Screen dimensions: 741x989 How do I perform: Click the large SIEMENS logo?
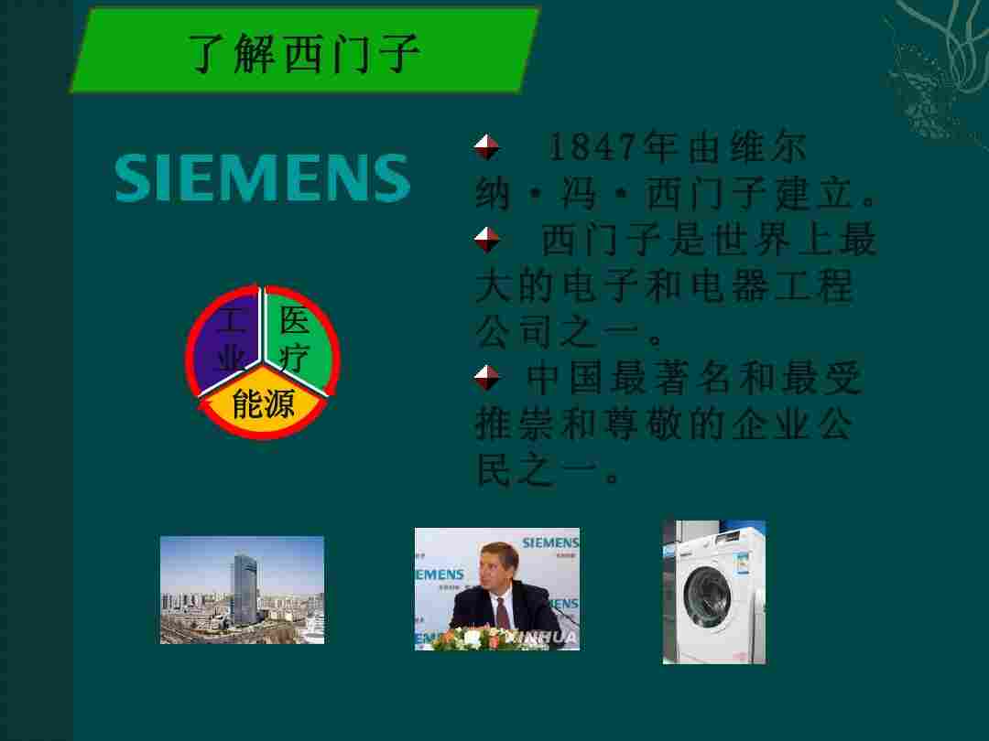[263, 178]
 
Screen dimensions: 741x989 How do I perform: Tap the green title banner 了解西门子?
[304, 51]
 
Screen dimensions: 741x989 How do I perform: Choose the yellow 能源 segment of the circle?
[263, 403]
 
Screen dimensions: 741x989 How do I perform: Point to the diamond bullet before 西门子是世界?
[487, 241]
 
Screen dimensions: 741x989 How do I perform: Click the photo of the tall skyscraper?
[242, 590]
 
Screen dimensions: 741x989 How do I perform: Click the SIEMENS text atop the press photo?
[550, 542]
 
